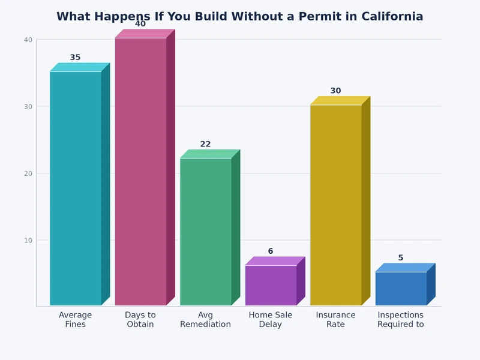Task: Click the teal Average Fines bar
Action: [76, 188]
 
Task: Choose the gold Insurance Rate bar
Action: [335, 205]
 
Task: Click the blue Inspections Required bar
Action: [401, 289]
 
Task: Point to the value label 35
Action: [75, 58]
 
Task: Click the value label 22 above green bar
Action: [205, 144]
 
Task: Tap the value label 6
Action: [271, 251]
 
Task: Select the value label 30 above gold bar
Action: [335, 91]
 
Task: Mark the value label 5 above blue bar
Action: [401, 258]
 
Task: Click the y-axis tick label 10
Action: [28, 240]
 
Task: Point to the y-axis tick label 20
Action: [28, 173]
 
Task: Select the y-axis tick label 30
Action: [28, 107]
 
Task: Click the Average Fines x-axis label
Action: [76, 320]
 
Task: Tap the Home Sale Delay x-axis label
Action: [271, 320]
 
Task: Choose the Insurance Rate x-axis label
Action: [335, 320]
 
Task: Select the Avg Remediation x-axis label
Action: [205, 320]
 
